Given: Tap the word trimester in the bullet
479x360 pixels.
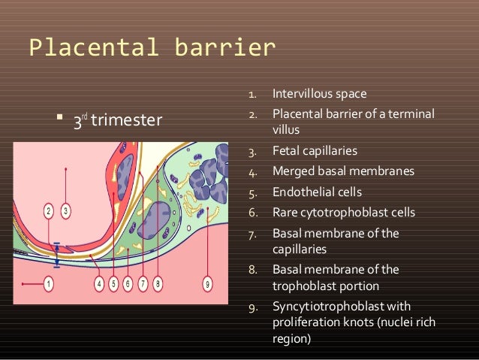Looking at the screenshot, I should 126,120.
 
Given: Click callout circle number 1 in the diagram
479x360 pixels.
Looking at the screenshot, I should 49,283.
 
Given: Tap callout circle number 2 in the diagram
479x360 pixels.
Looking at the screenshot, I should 48,210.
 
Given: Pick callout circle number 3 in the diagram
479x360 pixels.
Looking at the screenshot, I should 66,210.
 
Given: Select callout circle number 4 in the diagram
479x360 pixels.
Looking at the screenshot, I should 99,283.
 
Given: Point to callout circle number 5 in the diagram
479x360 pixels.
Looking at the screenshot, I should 113,283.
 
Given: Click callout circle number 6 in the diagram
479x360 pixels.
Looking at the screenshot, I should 128,283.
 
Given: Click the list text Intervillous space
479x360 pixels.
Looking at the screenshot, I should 319,95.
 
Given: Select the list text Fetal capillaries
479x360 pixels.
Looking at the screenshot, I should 314,150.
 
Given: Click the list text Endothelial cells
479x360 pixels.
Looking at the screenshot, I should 316,192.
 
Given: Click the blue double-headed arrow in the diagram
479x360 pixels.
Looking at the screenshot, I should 57,255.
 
